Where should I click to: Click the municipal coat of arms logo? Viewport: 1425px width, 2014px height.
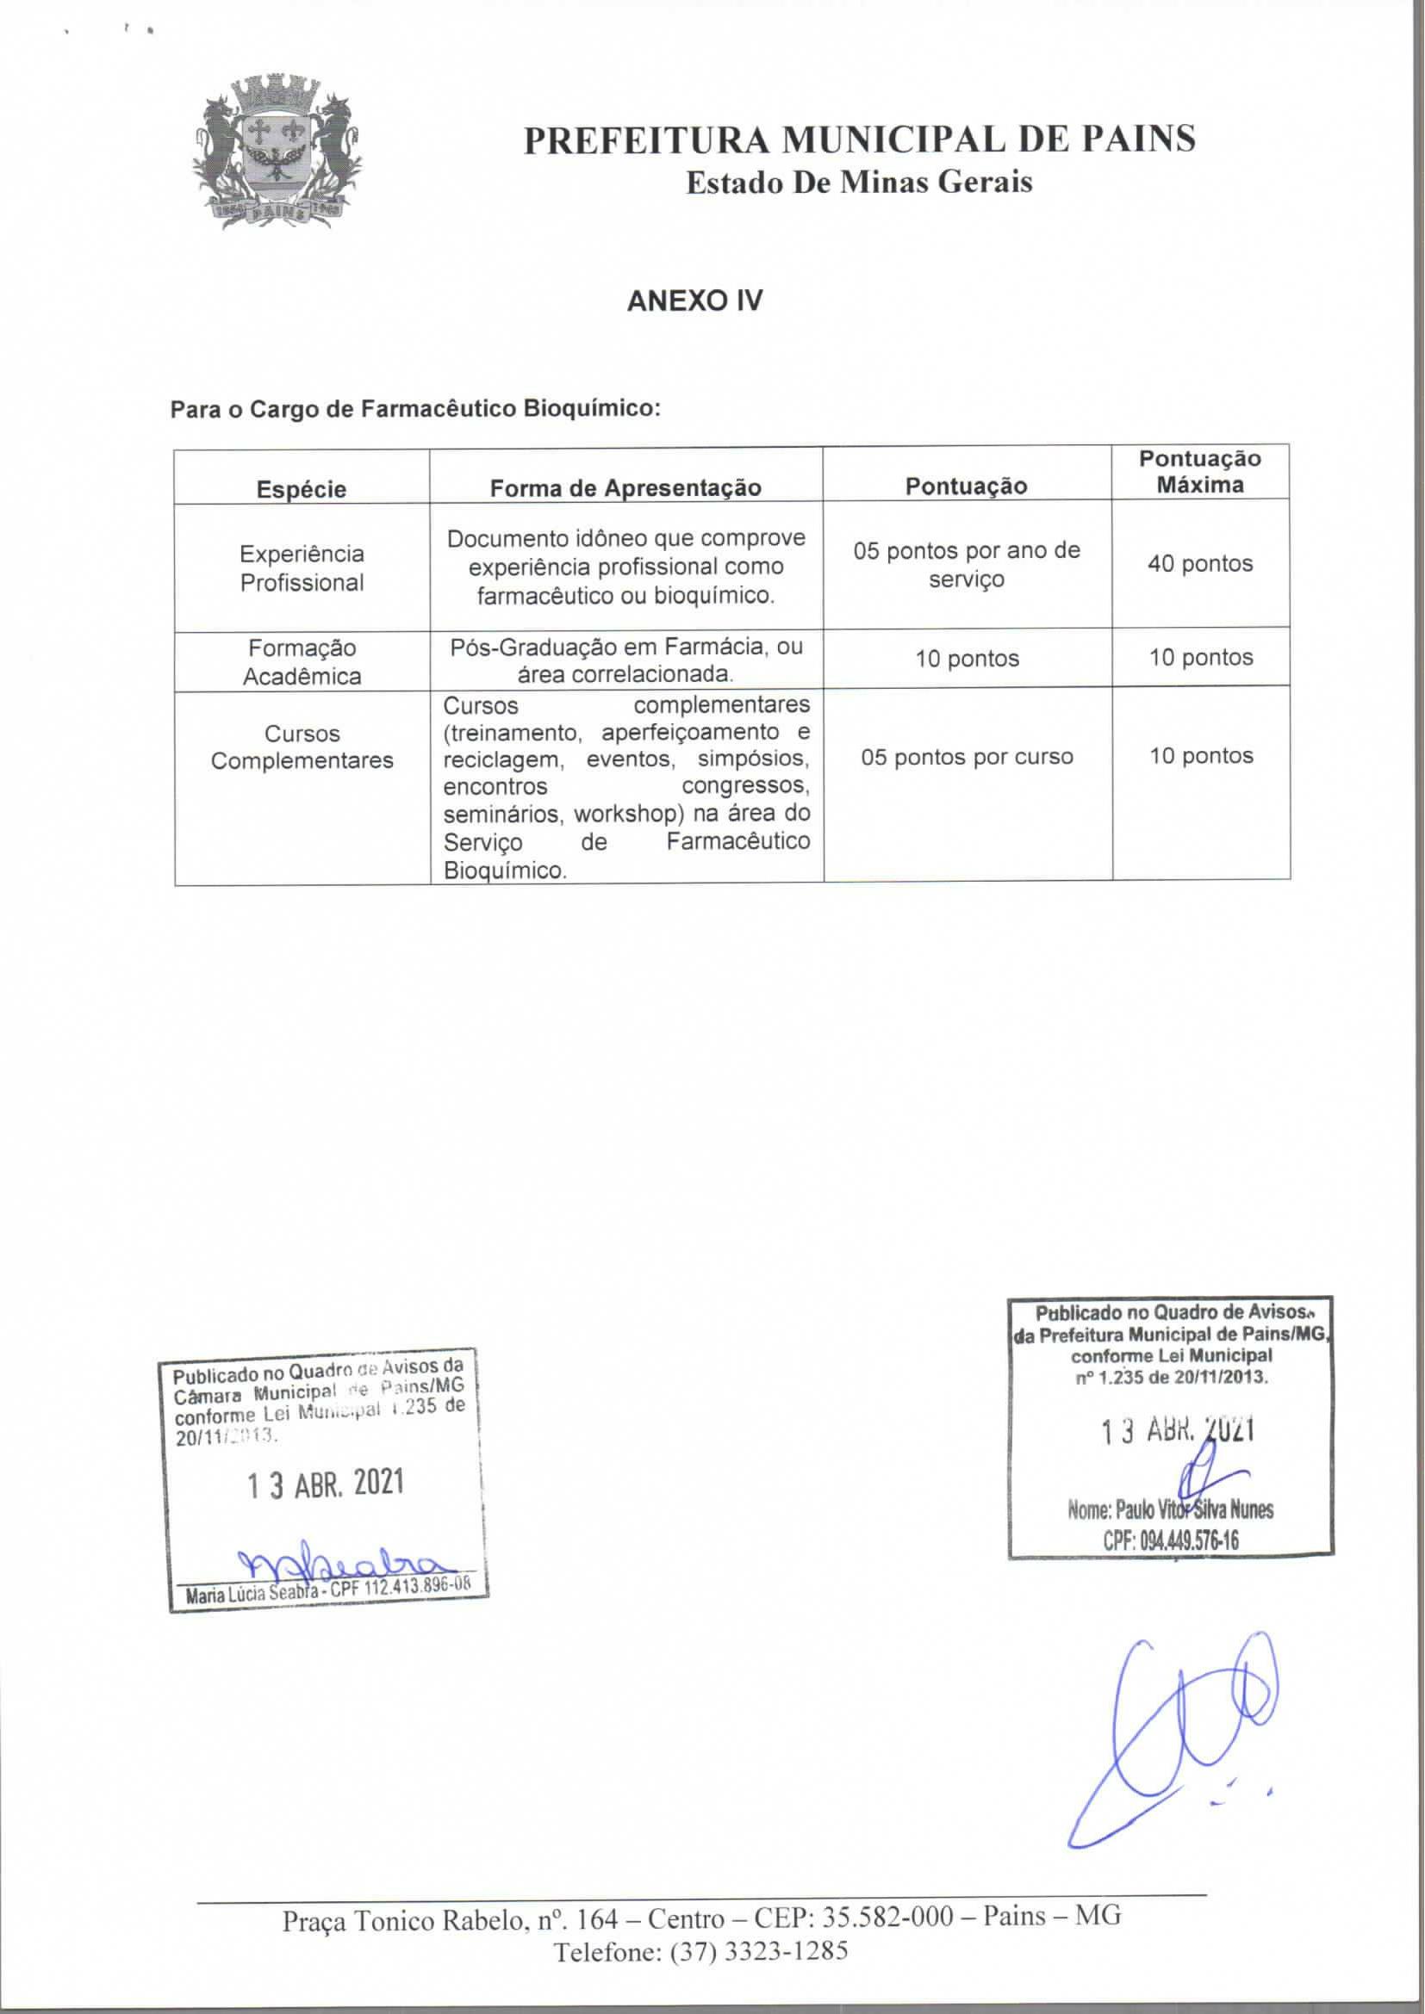click(277, 153)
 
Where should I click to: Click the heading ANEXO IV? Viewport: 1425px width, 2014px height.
click(694, 301)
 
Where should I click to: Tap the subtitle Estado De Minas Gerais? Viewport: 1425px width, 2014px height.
click(858, 183)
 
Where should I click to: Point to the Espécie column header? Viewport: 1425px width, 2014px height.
click(301, 488)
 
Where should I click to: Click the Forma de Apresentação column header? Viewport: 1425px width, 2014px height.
click(625, 487)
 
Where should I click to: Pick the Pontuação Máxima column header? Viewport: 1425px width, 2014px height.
click(1199, 472)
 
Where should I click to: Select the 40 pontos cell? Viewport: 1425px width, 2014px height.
click(1199, 564)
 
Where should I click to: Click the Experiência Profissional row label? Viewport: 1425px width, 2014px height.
click(302, 567)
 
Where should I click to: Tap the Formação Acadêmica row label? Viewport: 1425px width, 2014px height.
click(302, 661)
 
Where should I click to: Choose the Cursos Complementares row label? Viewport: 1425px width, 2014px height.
click(302, 747)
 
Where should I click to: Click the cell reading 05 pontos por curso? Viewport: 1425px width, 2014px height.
click(967, 757)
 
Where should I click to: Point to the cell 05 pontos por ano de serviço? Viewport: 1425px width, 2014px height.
click(966, 564)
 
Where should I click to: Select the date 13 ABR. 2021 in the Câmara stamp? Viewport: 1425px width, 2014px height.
click(326, 1484)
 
